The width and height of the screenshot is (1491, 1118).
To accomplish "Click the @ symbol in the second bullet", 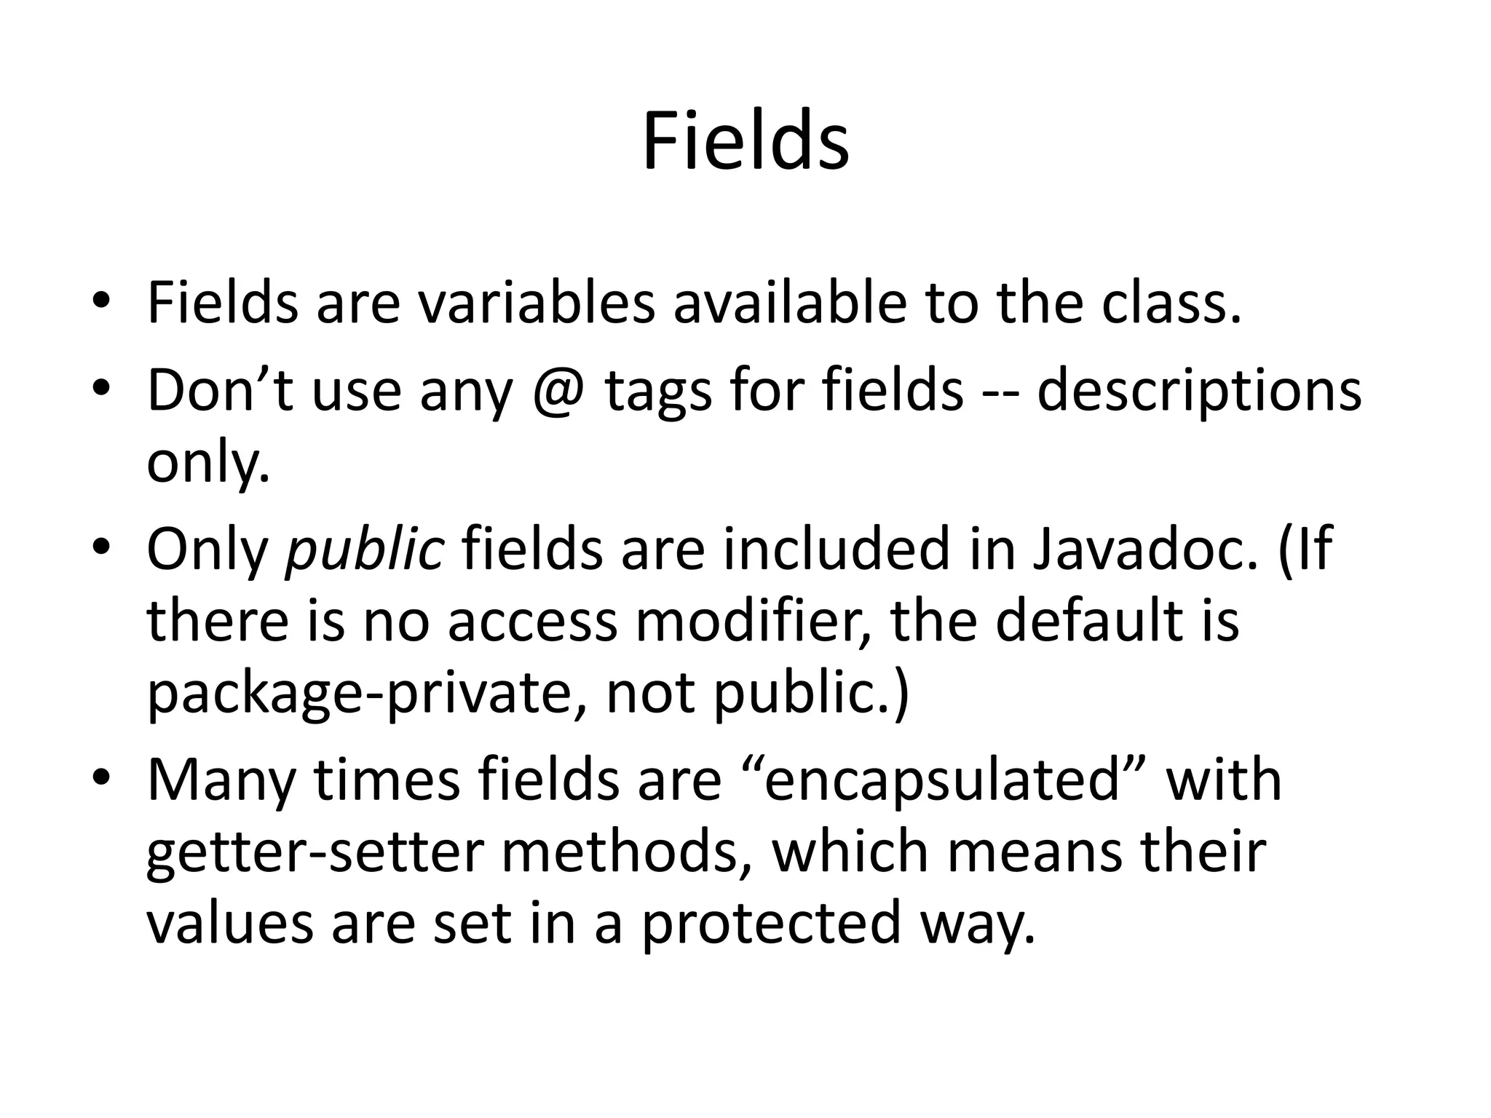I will tap(558, 392).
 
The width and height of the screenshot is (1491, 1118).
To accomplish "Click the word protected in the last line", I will tap(771, 923).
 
